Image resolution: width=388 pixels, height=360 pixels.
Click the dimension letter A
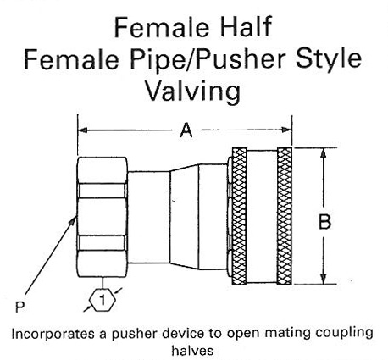click(x=186, y=130)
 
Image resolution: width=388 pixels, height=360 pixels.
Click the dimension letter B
click(x=324, y=222)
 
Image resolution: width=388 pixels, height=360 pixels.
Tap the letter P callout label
click(x=19, y=307)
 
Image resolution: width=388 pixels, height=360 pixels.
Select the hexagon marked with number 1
click(x=103, y=300)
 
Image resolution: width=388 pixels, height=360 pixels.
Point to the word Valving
click(x=192, y=91)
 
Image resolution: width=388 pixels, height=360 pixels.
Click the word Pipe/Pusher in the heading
click(x=205, y=59)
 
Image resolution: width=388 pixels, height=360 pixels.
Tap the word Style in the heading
click(x=329, y=59)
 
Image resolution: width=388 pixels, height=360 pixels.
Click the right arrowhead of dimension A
click(x=286, y=130)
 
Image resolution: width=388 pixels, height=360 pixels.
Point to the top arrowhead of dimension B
click(x=324, y=153)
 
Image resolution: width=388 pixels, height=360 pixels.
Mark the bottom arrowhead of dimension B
click(x=324, y=279)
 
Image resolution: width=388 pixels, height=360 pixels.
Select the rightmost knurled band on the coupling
click(x=284, y=216)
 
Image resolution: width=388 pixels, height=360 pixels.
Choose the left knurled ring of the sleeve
click(x=239, y=216)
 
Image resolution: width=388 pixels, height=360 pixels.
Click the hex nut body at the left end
click(x=103, y=217)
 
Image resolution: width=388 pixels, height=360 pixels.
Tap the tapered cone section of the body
click(x=184, y=217)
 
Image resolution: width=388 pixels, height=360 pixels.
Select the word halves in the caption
click(x=192, y=351)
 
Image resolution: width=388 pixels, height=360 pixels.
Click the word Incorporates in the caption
click(x=53, y=334)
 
